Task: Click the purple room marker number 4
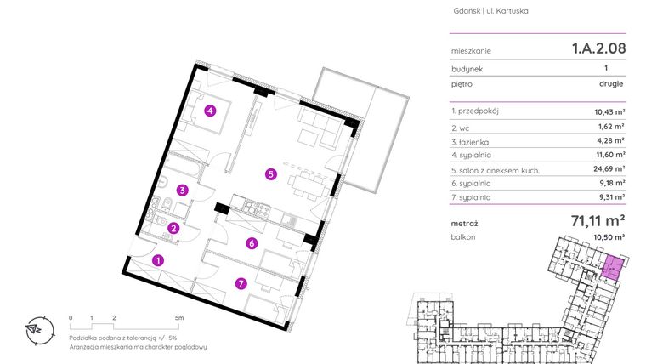coord(210,109)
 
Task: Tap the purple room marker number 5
coord(270,174)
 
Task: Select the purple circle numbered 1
coord(157,261)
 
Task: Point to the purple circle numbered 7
coord(241,283)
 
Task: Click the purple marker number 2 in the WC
coord(173,227)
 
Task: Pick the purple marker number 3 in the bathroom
coord(182,191)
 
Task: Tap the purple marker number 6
coord(251,244)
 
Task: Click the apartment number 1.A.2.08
coord(598,48)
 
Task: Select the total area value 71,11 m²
coord(598,221)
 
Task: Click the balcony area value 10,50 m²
coord(609,237)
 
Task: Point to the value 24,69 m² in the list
coord(609,169)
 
